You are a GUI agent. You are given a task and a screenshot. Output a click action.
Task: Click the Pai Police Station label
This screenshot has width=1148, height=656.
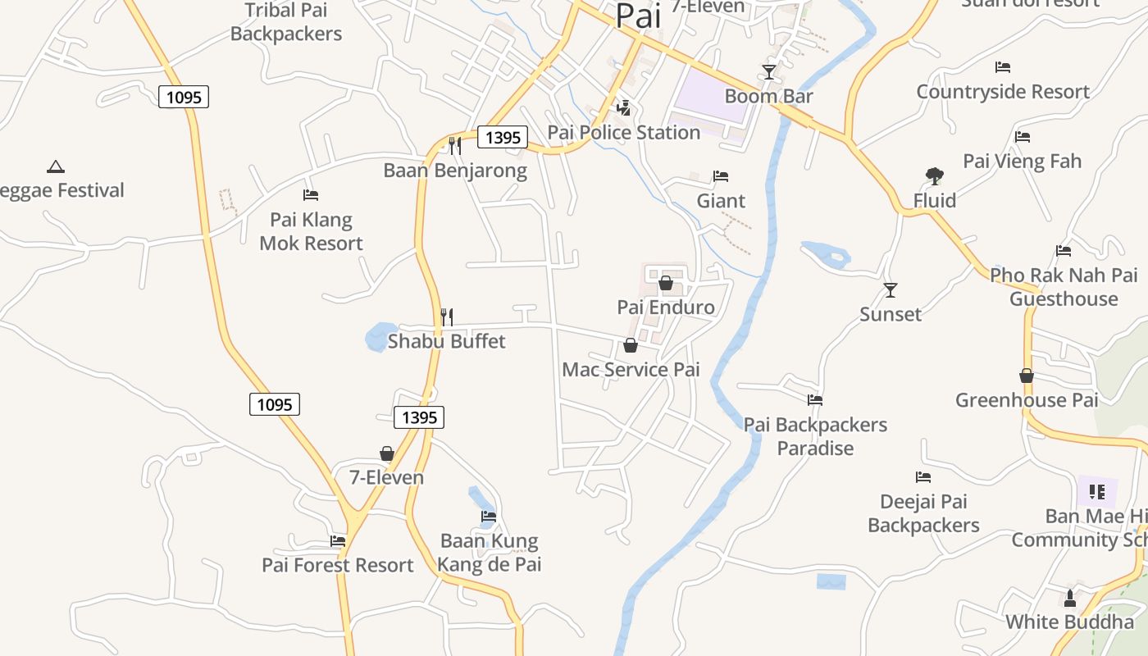(x=623, y=132)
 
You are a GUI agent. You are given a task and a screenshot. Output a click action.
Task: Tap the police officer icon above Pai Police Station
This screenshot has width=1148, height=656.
(x=624, y=107)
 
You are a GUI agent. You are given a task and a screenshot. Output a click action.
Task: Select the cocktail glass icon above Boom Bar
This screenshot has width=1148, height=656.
(x=768, y=72)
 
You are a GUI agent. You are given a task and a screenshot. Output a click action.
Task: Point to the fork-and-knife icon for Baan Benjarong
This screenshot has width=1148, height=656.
(x=454, y=146)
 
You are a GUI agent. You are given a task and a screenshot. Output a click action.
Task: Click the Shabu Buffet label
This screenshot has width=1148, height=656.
(x=446, y=341)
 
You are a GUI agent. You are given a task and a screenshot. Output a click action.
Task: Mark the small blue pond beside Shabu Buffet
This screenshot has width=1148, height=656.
(x=380, y=336)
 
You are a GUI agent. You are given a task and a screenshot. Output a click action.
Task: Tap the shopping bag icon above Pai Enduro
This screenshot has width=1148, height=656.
(x=666, y=283)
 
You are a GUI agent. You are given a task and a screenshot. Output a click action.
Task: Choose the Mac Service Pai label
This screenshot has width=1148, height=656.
(x=631, y=370)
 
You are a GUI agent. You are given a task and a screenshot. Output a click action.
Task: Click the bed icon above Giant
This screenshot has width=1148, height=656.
(x=721, y=176)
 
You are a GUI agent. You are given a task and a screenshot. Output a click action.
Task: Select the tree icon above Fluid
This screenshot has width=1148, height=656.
(x=934, y=175)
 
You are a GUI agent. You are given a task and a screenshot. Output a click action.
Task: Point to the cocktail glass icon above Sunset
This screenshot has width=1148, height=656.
(x=891, y=289)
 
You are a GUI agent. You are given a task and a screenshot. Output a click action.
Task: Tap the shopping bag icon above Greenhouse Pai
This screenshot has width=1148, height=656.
(x=1026, y=376)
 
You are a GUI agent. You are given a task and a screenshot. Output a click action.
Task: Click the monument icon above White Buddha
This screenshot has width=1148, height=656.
(x=1069, y=599)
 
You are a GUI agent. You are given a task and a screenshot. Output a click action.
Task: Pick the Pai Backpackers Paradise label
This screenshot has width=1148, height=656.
(x=815, y=436)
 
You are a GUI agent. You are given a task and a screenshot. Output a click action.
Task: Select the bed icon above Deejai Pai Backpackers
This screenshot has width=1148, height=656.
(x=923, y=476)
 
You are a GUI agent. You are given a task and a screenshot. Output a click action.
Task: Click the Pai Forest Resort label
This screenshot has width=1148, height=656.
(x=338, y=565)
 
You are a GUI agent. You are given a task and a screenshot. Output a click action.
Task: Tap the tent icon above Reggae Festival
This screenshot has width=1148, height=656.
(x=56, y=166)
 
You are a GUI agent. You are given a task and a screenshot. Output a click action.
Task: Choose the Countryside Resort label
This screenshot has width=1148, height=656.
(x=1003, y=91)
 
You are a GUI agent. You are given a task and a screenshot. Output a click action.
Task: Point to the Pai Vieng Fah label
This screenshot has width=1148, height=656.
(x=1022, y=161)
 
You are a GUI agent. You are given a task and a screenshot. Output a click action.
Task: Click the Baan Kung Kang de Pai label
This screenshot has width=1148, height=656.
(x=489, y=553)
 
